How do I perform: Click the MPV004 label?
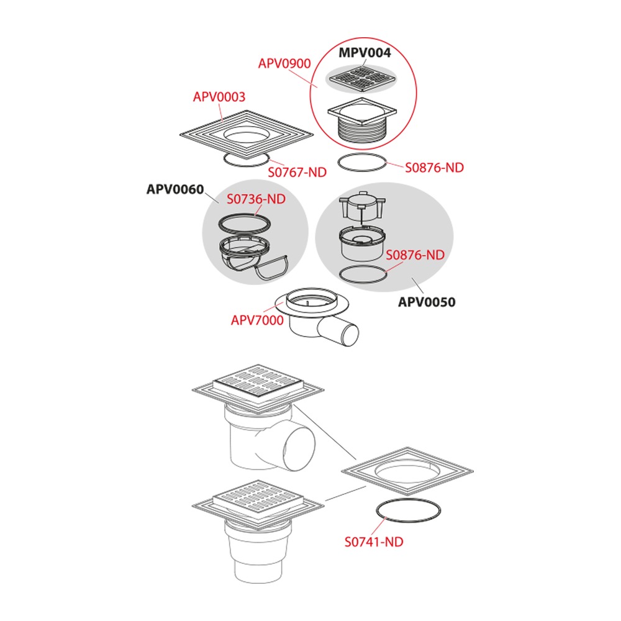tap(365, 53)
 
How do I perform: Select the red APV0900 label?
tap(284, 63)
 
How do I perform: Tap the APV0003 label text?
tap(219, 97)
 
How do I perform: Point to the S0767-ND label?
tap(297, 172)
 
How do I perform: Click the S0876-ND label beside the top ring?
tap(434, 168)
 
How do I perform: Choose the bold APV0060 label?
tap(175, 189)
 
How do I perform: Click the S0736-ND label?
tap(256, 199)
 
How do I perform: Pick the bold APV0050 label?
tap(427, 302)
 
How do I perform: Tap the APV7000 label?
tap(257, 320)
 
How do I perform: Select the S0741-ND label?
tap(374, 542)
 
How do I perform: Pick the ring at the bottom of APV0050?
tap(343, 276)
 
